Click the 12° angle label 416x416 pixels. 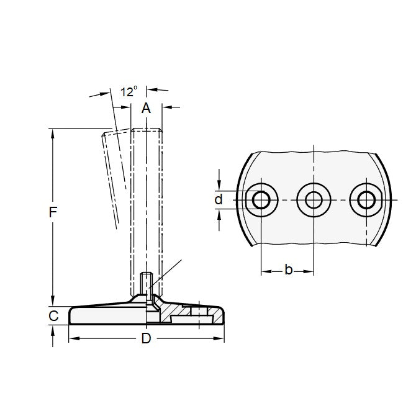click(129, 91)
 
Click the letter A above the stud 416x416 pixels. click(147, 109)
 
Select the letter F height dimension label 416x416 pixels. click(53, 213)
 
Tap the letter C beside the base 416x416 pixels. click(53, 315)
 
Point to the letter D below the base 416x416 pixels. click(146, 339)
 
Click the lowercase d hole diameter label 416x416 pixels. click(218, 200)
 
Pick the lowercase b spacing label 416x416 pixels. click(288, 269)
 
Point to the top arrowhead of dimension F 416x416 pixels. click(53, 133)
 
